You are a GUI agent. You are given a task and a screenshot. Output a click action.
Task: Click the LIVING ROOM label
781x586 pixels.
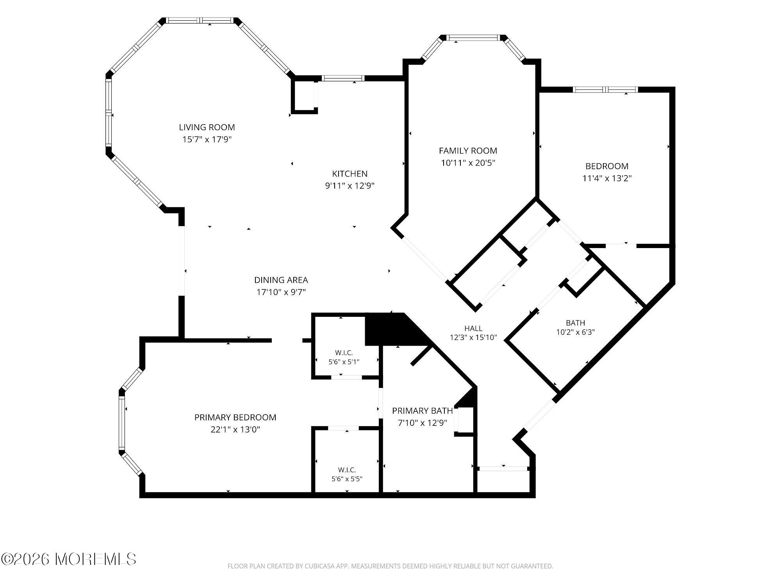pyautogui.click(x=207, y=127)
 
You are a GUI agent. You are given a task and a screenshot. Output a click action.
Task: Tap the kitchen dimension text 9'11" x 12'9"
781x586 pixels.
pyautogui.click(x=350, y=186)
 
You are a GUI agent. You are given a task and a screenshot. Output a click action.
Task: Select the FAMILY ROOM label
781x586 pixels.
pyautogui.click(x=468, y=151)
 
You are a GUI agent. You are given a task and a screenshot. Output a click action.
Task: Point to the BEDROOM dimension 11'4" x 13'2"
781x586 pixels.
pyautogui.click(x=607, y=179)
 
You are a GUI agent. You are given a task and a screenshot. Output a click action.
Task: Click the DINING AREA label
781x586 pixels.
pyautogui.click(x=281, y=280)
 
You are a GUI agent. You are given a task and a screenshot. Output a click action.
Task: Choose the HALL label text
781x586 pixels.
pyautogui.click(x=473, y=329)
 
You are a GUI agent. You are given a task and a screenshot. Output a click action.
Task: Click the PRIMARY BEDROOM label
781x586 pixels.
pyautogui.click(x=235, y=418)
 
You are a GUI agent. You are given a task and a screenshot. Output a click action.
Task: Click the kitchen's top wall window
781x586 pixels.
pyautogui.click(x=344, y=78)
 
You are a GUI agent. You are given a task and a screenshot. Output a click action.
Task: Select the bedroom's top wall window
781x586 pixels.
pyautogui.click(x=605, y=89)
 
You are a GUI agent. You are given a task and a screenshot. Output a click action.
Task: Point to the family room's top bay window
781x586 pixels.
pyautogui.click(x=473, y=38)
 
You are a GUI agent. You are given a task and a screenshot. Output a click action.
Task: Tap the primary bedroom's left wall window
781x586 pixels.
pyautogui.click(x=122, y=422)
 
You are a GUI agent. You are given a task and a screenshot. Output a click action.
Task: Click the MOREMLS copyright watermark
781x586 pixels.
pyautogui.click(x=69, y=559)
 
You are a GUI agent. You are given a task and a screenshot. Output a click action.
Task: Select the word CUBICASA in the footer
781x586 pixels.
pyautogui.click(x=321, y=566)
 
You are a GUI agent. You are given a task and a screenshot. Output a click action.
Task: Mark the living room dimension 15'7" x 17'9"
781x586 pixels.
pyautogui.click(x=207, y=139)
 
